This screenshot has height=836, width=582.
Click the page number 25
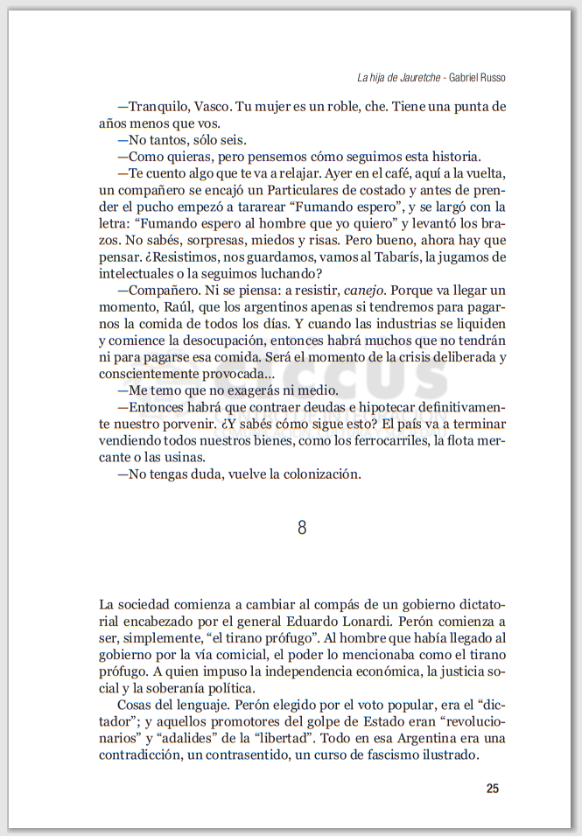(492, 789)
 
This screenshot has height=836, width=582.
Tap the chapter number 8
(302, 527)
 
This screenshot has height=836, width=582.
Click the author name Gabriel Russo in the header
(478, 78)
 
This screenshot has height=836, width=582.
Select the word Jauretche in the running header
(415, 78)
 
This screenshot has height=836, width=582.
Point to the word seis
(232, 140)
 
